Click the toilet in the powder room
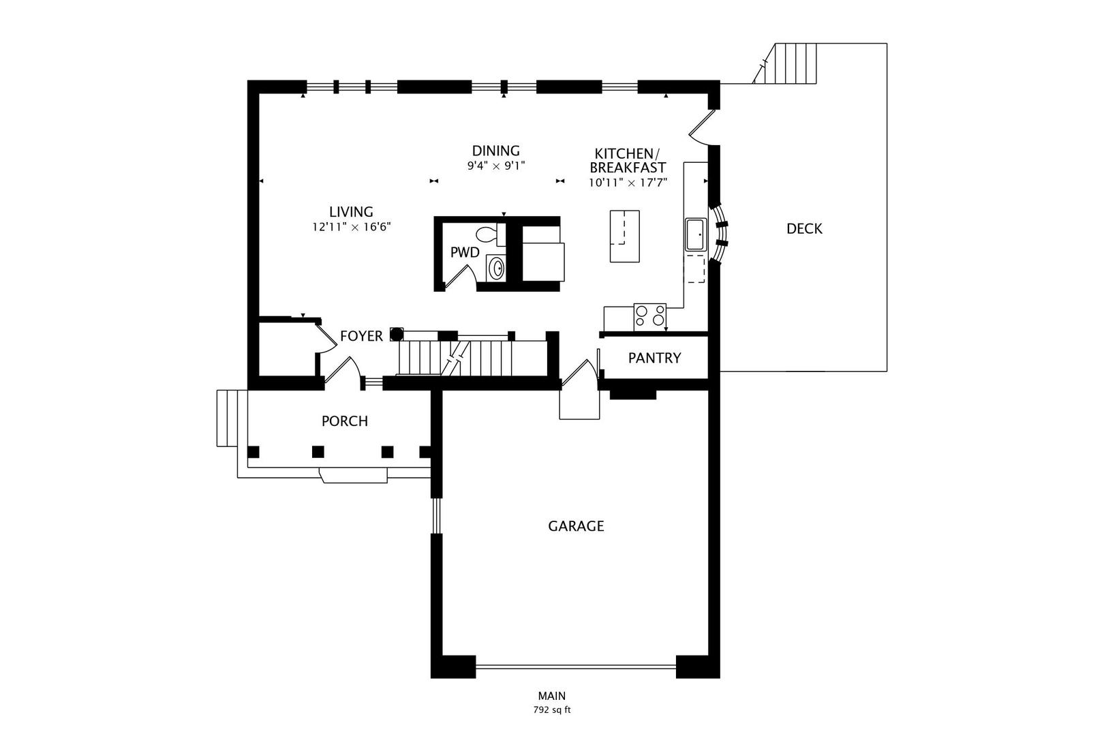click(487, 235)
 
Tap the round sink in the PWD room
click(497, 267)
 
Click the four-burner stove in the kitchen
click(649, 317)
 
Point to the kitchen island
click(624, 236)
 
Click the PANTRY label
click(654, 358)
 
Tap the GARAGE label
click(576, 526)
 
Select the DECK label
click(804, 229)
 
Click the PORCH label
click(344, 421)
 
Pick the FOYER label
click(361, 336)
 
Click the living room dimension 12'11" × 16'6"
click(352, 227)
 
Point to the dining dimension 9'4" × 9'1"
click(496, 166)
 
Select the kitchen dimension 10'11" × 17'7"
click(628, 183)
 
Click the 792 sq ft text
click(551, 710)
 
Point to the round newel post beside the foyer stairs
click(396, 334)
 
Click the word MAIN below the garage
click(551, 696)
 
